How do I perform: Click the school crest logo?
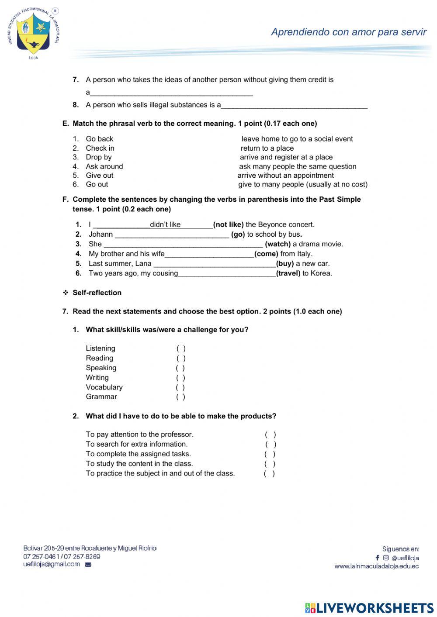[x=33, y=33]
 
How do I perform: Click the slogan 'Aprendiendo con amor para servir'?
[x=348, y=32]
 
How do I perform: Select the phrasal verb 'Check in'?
[x=100, y=148]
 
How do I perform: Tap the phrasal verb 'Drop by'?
[x=98, y=157]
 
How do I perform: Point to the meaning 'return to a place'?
[x=267, y=148]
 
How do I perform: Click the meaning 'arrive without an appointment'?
[x=285, y=175]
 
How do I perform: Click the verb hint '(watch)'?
[x=277, y=244]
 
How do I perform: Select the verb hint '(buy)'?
[x=284, y=263]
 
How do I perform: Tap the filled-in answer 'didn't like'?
[x=165, y=224]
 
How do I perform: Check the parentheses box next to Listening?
[x=181, y=348]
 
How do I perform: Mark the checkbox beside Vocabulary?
[x=180, y=387]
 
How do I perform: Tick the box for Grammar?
[x=180, y=397]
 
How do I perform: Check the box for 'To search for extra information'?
[x=271, y=445]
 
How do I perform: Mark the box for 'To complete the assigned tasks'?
[x=270, y=454]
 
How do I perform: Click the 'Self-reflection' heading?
[x=97, y=293]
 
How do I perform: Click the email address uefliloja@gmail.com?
[x=52, y=564]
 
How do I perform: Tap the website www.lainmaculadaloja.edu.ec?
[x=376, y=566]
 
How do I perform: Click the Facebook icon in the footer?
[x=377, y=558]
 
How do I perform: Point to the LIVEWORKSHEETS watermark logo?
[x=369, y=608]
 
